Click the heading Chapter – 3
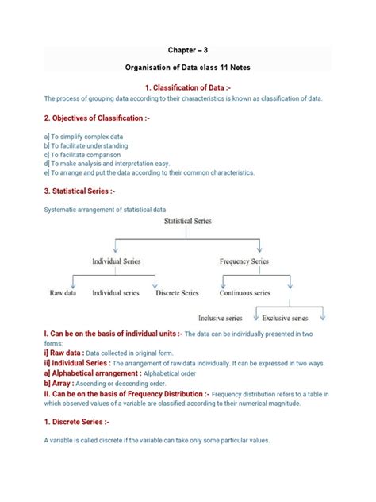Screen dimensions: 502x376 click(x=187, y=48)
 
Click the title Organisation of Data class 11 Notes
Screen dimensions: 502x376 click(x=187, y=68)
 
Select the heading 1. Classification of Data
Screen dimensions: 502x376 click(x=187, y=86)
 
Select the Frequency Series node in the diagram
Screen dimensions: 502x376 click(x=244, y=261)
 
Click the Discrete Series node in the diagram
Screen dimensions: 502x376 click(x=178, y=292)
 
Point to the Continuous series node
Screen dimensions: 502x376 click(x=245, y=292)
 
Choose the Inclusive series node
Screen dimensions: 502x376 click(x=221, y=319)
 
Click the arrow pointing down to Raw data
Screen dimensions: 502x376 click(x=72, y=280)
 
